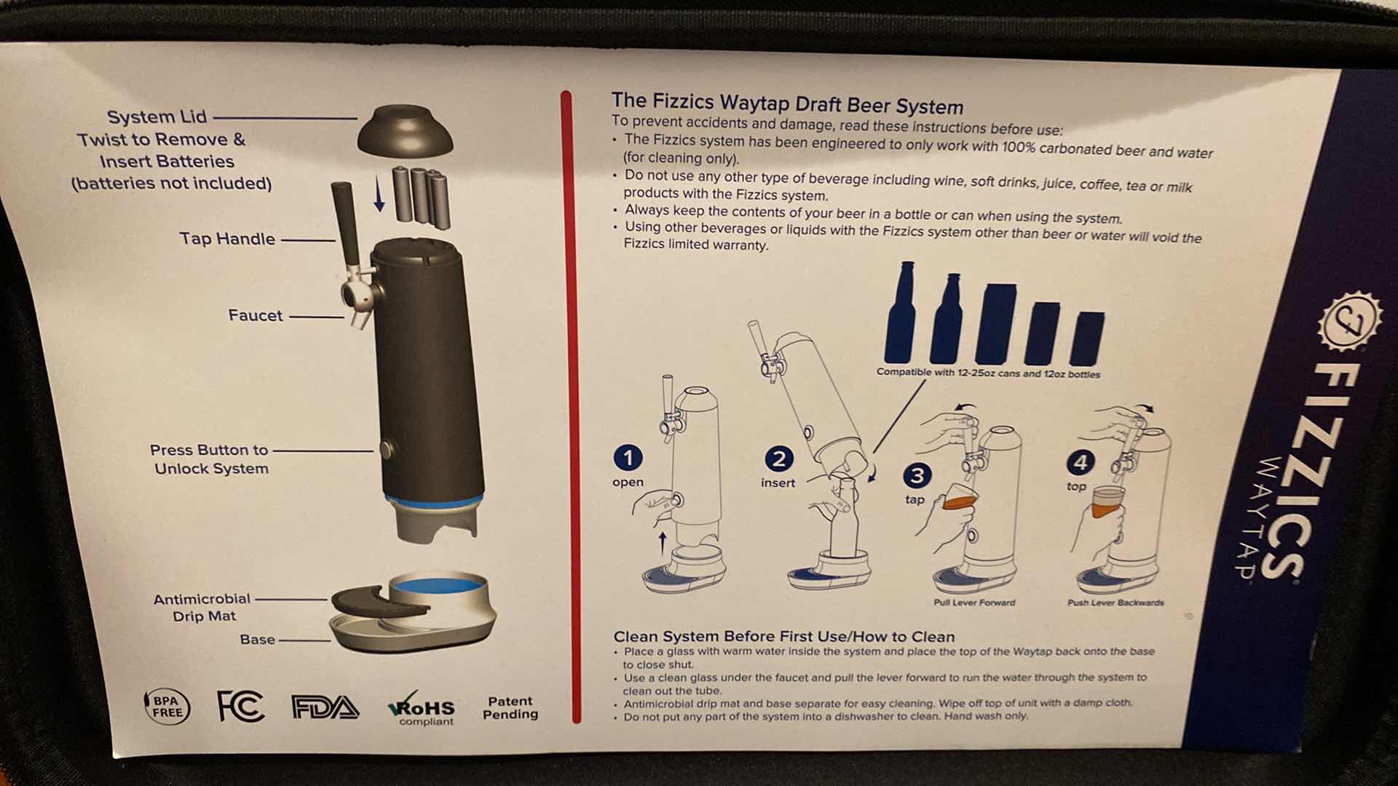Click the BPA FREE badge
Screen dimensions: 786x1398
click(167, 707)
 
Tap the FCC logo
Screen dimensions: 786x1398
click(240, 706)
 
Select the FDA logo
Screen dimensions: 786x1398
click(325, 707)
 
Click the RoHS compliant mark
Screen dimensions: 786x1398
click(422, 709)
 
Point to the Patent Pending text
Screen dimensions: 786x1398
click(510, 708)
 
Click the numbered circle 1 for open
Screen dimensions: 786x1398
click(628, 458)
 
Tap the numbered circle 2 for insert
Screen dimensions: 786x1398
click(778, 458)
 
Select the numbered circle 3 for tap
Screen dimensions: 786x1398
click(917, 476)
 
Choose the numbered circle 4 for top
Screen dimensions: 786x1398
click(1080, 462)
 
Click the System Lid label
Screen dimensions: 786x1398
click(157, 116)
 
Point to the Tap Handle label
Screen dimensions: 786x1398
click(227, 239)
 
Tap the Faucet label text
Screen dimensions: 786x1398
click(255, 315)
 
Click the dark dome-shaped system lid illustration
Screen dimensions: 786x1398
click(404, 131)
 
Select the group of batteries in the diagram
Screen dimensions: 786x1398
click(421, 196)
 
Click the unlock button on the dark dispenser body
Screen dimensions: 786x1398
click(386, 449)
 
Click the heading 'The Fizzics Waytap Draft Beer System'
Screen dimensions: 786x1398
click(787, 103)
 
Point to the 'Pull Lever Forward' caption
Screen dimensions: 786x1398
click(974, 603)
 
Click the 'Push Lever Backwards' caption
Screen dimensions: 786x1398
click(1115, 603)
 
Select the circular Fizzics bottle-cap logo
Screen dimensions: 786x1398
click(1348, 321)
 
